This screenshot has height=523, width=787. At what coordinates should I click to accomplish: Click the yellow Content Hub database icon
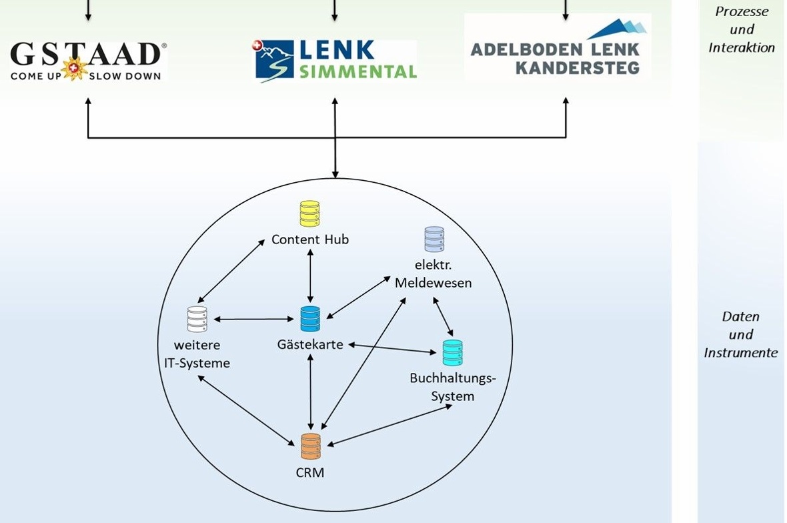(309, 214)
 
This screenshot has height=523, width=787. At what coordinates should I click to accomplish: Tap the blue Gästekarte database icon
(310, 319)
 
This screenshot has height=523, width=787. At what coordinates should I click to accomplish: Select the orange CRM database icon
(310, 446)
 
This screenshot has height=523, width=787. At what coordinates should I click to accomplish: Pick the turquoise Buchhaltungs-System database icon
(452, 353)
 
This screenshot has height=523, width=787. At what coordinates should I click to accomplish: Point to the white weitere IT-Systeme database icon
(197, 320)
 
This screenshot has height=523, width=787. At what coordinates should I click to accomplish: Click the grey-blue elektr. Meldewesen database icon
(434, 239)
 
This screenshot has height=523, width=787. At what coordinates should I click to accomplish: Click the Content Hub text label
(309, 239)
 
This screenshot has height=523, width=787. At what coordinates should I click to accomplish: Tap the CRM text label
(310, 473)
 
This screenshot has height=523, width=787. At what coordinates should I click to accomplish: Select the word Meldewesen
(433, 282)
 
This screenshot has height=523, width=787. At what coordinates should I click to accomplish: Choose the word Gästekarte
(310, 345)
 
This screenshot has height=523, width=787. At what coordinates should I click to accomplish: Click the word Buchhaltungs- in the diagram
(453, 378)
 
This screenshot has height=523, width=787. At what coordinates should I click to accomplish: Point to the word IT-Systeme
(197, 364)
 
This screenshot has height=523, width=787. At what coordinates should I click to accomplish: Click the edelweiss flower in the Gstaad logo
(75, 69)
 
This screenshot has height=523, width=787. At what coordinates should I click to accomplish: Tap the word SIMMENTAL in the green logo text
(358, 71)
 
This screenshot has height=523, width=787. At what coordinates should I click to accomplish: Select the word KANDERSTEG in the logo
(577, 67)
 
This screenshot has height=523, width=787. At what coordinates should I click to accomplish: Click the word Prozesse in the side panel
(742, 11)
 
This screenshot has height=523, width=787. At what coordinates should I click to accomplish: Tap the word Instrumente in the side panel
(740, 352)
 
